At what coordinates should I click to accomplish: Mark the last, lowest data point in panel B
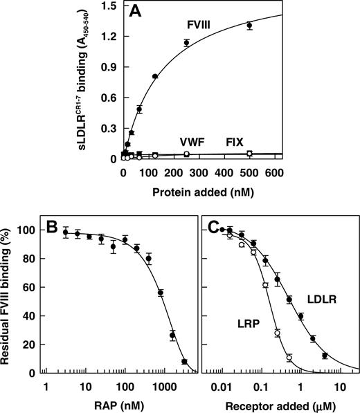coord(184,361)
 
